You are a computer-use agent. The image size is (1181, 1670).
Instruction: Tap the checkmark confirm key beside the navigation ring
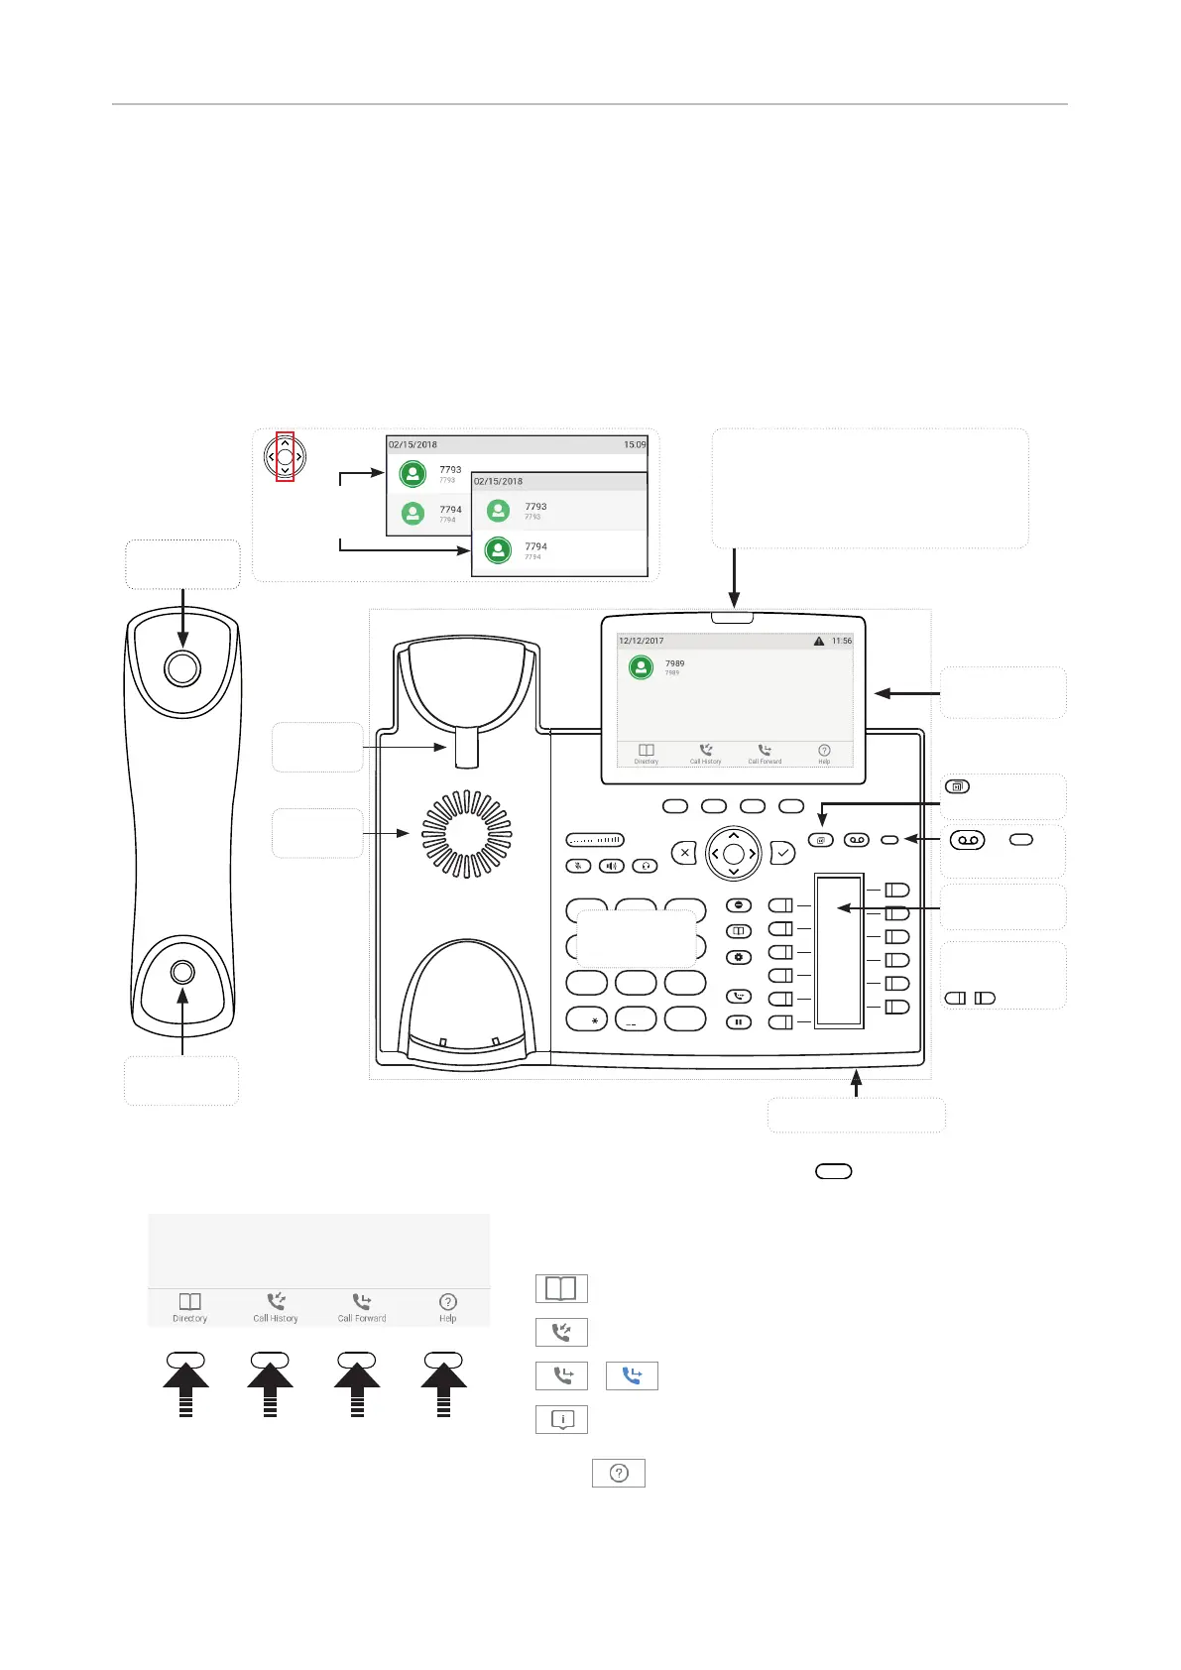click(782, 852)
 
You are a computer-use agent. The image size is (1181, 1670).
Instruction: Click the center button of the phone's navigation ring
click(734, 853)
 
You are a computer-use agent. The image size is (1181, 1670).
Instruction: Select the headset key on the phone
click(646, 866)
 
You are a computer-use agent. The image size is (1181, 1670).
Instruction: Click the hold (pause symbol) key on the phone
click(739, 1021)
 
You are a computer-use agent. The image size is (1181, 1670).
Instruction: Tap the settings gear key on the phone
click(739, 957)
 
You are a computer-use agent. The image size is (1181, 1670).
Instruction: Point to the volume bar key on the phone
click(595, 840)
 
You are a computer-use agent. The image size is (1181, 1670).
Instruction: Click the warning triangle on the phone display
click(819, 642)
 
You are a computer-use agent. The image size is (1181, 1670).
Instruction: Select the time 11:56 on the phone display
click(842, 642)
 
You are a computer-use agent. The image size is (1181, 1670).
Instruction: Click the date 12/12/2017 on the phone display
click(642, 642)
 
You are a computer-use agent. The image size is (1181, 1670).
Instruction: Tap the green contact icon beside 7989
click(642, 667)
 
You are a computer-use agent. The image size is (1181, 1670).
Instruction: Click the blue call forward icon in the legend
click(632, 1375)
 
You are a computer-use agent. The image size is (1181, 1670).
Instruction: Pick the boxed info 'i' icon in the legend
click(561, 1419)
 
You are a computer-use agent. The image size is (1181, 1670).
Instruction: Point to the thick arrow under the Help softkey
click(444, 1386)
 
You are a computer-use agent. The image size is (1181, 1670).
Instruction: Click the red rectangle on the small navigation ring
click(285, 456)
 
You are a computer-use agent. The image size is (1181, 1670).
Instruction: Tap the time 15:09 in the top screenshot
click(635, 444)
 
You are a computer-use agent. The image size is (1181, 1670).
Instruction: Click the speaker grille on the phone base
click(466, 834)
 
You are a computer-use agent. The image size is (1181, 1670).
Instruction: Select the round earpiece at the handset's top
click(182, 668)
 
